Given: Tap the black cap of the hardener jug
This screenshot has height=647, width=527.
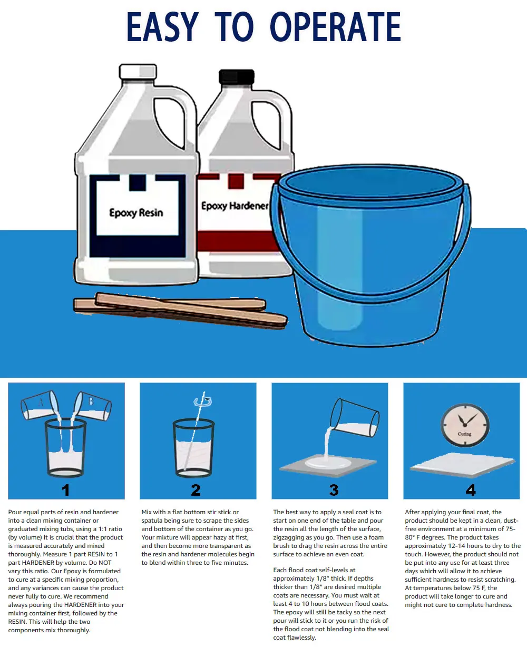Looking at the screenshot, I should pos(236,77).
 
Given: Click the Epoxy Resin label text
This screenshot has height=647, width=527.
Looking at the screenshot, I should pos(136,213).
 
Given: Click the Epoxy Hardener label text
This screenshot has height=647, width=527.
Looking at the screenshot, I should pos(235,205).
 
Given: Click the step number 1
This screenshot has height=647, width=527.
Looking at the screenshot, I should pos(65,490).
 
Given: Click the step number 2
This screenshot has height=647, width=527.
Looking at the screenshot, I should pos(196,490).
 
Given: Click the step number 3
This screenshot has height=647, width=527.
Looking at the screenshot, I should pos(334,490).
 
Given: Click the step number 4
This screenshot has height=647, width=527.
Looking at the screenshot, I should pos(470,490).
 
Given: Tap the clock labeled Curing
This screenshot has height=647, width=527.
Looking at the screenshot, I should pos(464,425).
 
